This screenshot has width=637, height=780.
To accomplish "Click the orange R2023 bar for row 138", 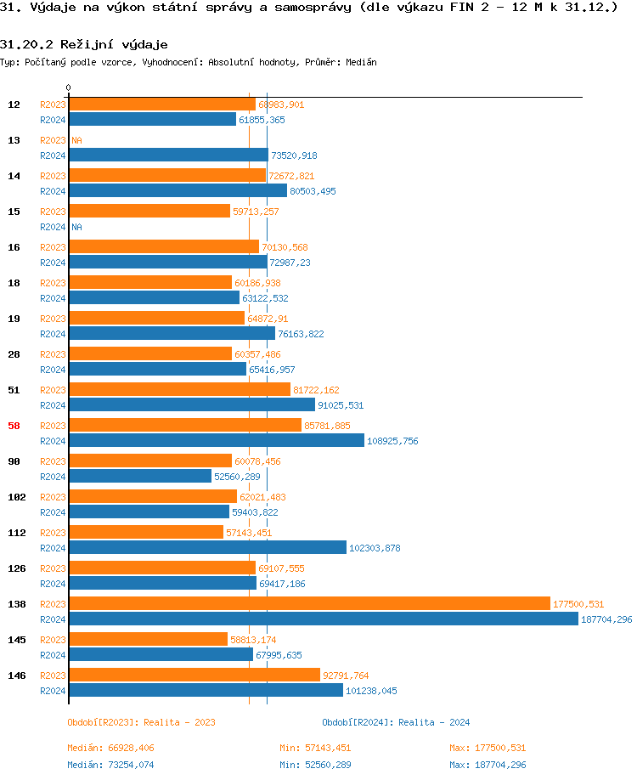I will point(309,603).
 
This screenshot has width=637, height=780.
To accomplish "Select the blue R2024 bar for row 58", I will point(216,440).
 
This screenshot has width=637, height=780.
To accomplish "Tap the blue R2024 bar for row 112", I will point(207,547).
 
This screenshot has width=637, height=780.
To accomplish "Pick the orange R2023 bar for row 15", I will point(149,211).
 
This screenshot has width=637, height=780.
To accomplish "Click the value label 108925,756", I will point(392,441).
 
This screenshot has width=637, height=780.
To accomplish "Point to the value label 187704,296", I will point(606,619).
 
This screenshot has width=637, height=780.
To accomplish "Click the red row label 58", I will point(14,426).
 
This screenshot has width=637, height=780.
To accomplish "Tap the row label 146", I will point(16,675).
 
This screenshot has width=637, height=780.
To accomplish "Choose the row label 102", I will point(16,497).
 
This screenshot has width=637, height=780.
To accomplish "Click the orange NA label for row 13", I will point(76,140).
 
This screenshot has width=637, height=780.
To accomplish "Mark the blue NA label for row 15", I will point(76,227).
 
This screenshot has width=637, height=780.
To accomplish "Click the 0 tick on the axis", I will point(69,88).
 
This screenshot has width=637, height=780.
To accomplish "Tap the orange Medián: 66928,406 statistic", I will point(110,748).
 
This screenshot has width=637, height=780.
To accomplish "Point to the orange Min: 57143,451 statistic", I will point(315,748).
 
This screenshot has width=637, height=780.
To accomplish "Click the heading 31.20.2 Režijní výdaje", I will point(83,44).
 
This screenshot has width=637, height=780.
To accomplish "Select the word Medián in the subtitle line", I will point(362,62).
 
